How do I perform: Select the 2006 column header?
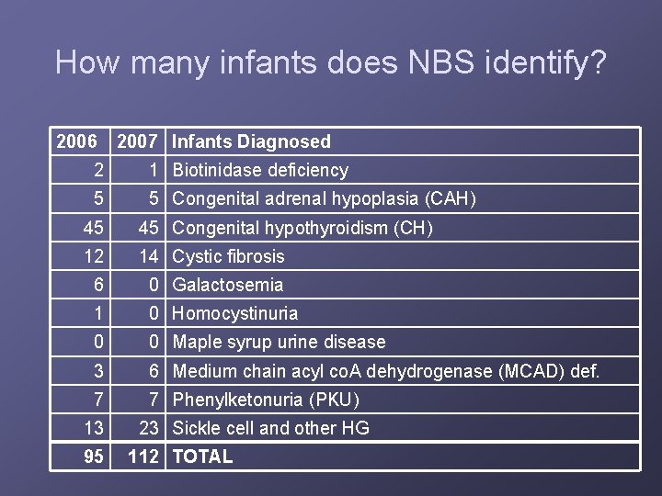[76, 141]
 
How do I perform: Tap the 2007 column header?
[137, 141]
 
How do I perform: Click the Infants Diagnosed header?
[251, 141]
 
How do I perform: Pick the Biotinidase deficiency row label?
[260, 170]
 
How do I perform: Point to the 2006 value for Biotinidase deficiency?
[97, 170]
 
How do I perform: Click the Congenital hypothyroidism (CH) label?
[302, 228]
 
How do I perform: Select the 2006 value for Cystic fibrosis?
[93, 256]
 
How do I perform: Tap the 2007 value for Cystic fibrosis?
[149, 256]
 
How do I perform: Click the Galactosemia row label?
[228, 285]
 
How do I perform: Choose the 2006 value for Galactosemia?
[97, 285]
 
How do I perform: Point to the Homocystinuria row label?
[235, 313]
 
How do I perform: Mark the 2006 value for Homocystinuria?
[97, 313]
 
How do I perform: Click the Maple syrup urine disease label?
[280, 342]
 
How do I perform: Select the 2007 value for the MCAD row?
[154, 371]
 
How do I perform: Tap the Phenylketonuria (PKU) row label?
[266, 400]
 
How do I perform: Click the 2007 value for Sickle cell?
[149, 428]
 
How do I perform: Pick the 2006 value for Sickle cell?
[93, 428]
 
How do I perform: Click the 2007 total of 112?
[143, 457]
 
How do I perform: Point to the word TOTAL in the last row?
[202, 457]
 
